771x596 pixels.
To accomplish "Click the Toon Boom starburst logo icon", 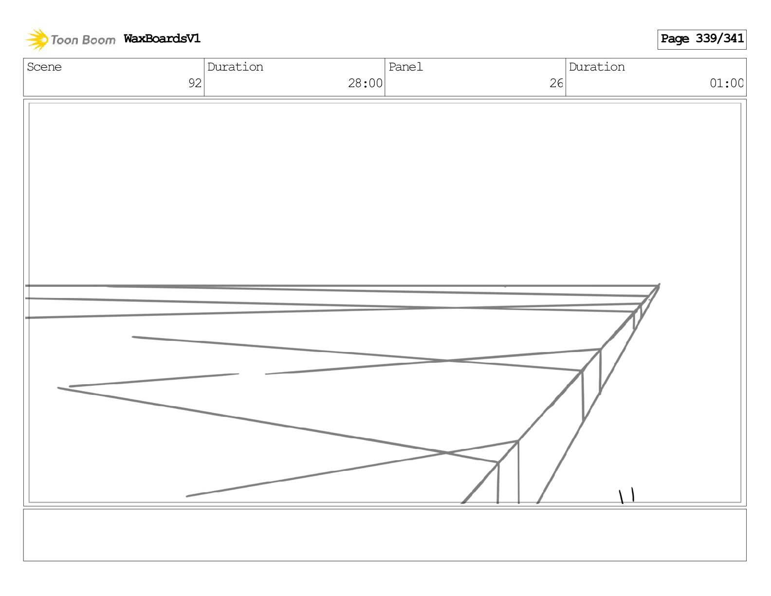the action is (x=37, y=39).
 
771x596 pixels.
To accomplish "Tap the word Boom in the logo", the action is (x=99, y=40).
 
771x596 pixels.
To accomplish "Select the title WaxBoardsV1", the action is (x=162, y=38).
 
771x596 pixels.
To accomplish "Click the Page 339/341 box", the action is (x=701, y=39).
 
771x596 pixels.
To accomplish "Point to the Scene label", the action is (x=44, y=67).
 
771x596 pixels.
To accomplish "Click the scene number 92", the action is (x=195, y=83).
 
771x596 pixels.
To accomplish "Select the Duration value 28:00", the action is (x=365, y=83).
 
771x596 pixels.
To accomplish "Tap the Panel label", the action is (x=405, y=67).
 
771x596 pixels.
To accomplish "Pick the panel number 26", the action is (x=556, y=83).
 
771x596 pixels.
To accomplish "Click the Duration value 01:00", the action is (x=726, y=83).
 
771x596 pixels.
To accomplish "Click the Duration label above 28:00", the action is (x=235, y=67).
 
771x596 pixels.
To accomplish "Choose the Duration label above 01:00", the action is (x=597, y=67).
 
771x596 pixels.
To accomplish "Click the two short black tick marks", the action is (x=626, y=496).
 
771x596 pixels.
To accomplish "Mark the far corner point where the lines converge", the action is (x=659, y=286).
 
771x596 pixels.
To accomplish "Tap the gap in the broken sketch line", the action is (x=252, y=374).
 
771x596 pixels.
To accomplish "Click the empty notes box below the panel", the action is (x=385, y=535).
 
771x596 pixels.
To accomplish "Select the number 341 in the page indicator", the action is (x=734, y=38).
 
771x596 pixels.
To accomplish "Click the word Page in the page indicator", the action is (x=675, y=39).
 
